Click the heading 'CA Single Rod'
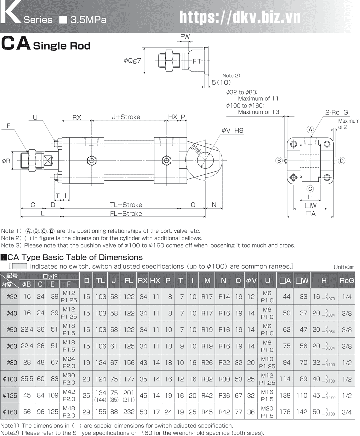coord(46,45)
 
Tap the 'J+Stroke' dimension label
coord(126,117)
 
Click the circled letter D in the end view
coord(341,160)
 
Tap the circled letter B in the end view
coord(279,160)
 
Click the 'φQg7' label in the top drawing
coord(132,61)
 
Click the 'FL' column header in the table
coord(129,281)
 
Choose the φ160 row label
coord(11,412)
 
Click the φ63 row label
coord(11,346)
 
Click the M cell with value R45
coord(207,412)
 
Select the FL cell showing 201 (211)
coord(129,396)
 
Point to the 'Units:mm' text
coord(344,267)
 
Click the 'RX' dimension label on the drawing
coord(76,117)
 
